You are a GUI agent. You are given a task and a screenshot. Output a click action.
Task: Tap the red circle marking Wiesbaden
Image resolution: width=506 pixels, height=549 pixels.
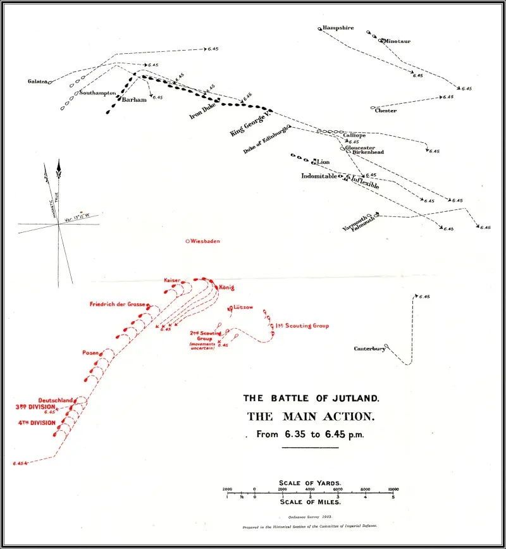click(187, 241)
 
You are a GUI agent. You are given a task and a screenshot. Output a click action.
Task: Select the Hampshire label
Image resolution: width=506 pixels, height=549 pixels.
click(338, 28)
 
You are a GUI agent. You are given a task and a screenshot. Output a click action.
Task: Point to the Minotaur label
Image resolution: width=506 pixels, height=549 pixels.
click(397, 41)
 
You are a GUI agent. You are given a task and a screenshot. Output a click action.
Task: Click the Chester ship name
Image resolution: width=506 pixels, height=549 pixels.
click(385, 111)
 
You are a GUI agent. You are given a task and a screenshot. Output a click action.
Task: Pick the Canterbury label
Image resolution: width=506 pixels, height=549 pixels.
click(369, 349)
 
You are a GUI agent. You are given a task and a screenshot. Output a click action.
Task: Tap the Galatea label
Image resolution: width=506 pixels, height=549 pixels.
click(37, 82)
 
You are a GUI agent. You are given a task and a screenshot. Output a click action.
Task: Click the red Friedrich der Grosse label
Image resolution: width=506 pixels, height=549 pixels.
click(118, 305)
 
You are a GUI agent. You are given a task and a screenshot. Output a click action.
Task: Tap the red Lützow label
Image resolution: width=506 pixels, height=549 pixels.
click(243, 307)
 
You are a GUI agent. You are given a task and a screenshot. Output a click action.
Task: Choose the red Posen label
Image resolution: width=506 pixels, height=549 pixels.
click(89, 352)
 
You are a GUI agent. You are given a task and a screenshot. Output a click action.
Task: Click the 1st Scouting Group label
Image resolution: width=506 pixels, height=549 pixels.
click(302, 326)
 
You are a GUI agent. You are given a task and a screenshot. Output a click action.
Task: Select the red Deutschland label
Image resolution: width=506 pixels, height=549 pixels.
click(56, 400)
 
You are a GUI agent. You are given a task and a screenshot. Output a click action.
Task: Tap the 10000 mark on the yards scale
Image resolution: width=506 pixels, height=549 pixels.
click(393, 490)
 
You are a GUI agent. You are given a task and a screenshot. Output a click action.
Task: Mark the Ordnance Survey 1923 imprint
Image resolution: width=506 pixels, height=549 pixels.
click(310, 517)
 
